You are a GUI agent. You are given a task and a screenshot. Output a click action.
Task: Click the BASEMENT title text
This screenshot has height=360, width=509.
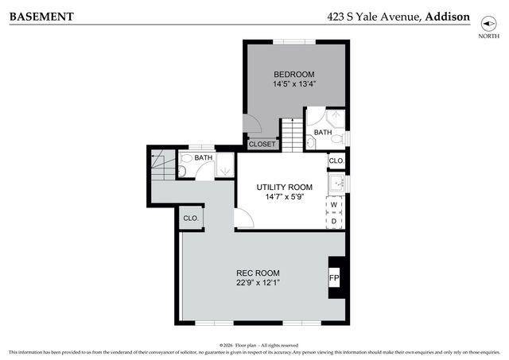click(x=41, y=16)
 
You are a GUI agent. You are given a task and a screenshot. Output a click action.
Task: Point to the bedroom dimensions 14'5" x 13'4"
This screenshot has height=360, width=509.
click(x=295, y=84)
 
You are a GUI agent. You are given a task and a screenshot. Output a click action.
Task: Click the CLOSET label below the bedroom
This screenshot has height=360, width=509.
click(x=262, y=144)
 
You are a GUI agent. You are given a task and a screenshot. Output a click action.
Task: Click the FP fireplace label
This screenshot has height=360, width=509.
click(x=335, y=278)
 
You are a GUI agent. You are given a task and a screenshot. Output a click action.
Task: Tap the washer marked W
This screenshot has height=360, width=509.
click(x=335, y=205)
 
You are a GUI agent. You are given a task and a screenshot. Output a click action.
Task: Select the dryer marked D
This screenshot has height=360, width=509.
click(x=335, y=220)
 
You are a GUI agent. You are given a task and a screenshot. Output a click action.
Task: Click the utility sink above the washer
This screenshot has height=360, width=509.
click(x=336, y=183)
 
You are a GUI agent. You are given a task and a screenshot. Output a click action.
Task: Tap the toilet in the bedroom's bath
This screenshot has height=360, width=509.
click(x=336, y=138)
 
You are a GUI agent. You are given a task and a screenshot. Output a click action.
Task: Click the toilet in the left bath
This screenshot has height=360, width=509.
click(x=182, y=169)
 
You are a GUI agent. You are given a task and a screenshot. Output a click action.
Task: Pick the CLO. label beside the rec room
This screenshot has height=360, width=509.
click(x=191, y=219)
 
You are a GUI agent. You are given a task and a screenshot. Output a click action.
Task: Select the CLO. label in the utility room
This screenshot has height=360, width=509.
click(x=336, y=161)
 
